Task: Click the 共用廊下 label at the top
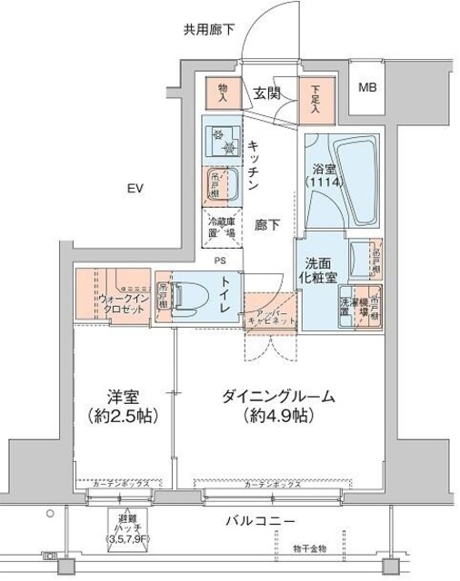click(209, 29)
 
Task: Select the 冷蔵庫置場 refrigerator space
click(220, 225)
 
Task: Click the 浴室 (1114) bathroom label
click(325, 174)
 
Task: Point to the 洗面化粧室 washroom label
click(320, 271)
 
